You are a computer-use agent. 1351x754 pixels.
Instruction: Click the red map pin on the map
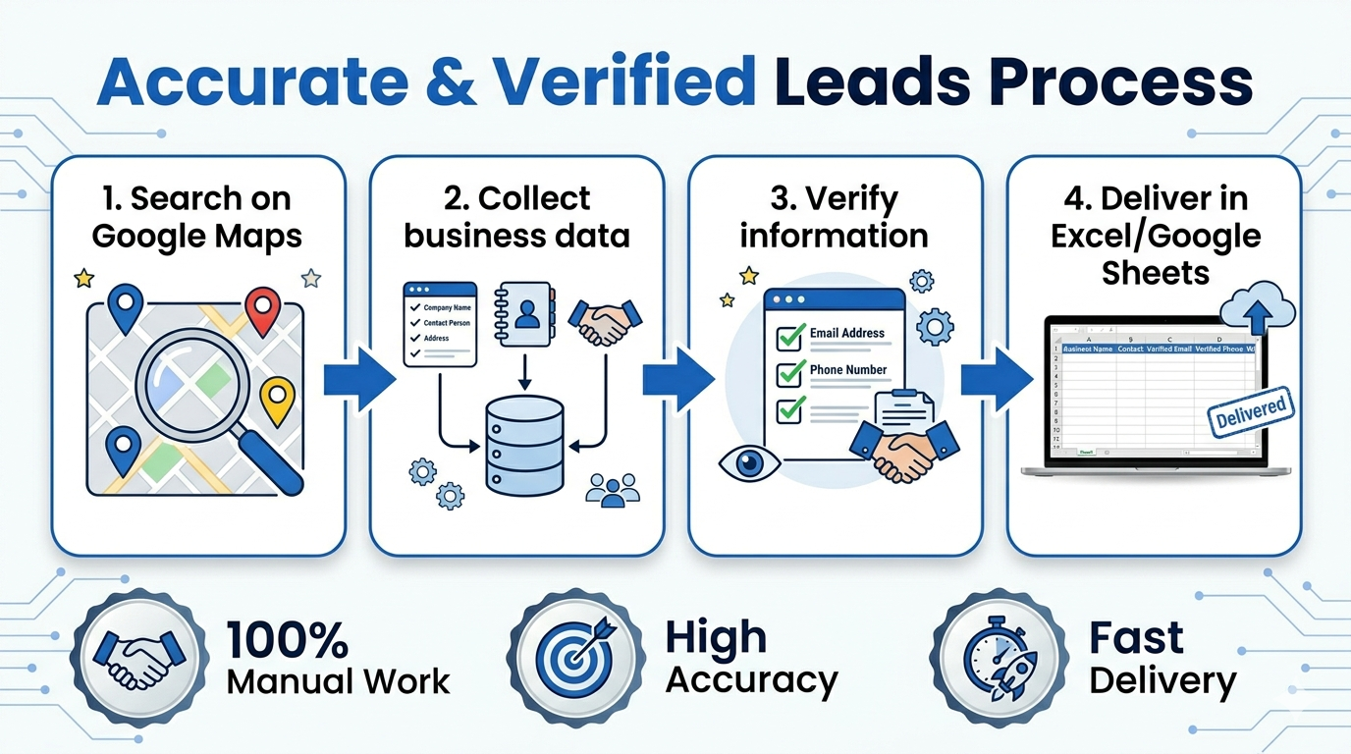[262, 308]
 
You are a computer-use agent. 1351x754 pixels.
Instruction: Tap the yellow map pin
[278, 398]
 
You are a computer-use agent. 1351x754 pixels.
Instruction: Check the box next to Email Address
[790, 337]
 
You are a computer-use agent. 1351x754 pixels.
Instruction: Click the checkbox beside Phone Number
[790, 374]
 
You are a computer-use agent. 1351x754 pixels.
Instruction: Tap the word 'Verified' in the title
[624, 82]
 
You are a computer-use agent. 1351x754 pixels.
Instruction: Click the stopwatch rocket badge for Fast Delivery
[995, 656]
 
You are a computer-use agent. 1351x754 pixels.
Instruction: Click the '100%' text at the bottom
[288, 638]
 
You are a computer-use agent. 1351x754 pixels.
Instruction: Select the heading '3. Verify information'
[834, 217]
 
